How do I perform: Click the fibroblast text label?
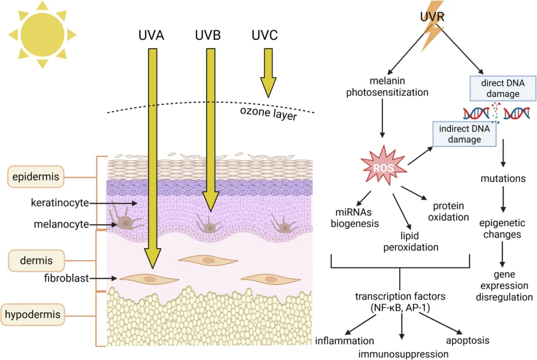coord(66,278)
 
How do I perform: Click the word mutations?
coord(503,179)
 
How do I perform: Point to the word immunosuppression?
coord(403,353)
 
